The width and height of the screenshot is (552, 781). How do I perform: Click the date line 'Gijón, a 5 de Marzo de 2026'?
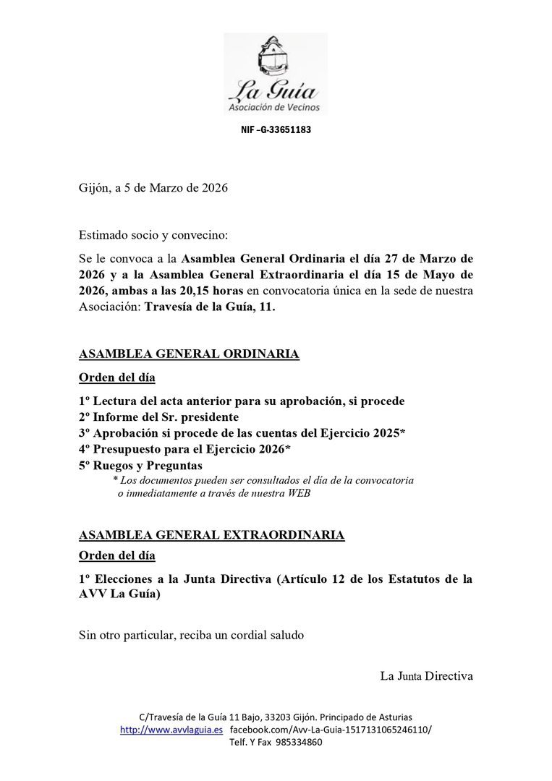[153, 188]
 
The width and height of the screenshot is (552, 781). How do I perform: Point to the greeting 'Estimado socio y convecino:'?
[153, 235]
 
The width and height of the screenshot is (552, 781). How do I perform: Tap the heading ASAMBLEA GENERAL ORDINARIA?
[188, 354]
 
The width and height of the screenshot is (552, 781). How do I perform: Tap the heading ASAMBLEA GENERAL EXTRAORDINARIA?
[211, 535]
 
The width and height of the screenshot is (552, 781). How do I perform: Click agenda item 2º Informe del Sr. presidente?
[158, 417]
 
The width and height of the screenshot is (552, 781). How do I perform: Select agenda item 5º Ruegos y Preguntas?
[140, 466]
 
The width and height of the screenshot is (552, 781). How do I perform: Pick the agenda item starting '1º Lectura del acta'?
[242, 401]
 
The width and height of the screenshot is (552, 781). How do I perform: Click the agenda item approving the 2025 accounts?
[242, 433]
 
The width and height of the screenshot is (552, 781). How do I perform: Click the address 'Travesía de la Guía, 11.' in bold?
[211, 307]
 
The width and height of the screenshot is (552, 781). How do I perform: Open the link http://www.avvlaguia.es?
[171, 730]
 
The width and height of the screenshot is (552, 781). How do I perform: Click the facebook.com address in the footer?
[330, 730]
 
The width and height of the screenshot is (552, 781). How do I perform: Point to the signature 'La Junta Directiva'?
[426, 676]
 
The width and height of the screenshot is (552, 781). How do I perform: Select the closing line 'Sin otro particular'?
[191, 636]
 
